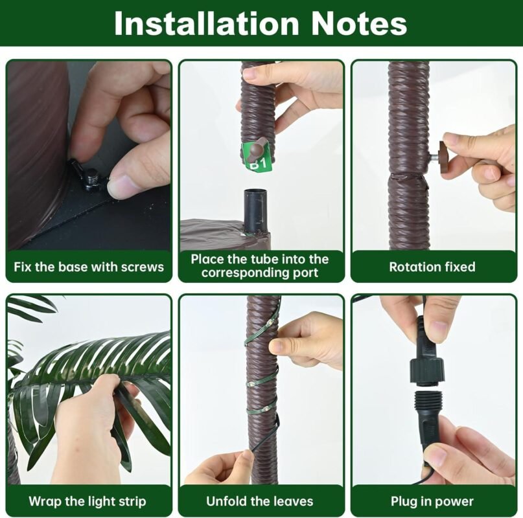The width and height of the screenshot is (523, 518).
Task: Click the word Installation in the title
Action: click(x=206, y=23)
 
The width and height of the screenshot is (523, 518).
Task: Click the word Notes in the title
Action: click(x=358, y=23)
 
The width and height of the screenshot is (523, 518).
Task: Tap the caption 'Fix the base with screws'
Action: click(x=89, y=267)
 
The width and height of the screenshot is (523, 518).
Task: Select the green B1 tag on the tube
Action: click(x=258, y=157)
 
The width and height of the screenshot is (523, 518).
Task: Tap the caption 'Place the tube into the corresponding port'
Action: click(x=260, y=265)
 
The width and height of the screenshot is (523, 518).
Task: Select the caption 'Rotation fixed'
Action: click(x=432, y=267)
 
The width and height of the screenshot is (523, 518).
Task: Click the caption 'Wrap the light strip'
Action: click(x=87, y=501)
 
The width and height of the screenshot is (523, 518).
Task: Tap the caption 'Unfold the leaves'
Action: click(x=260, y=501)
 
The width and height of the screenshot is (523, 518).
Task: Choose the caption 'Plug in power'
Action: click(x=432, y=501)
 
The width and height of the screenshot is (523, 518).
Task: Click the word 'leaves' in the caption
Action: click(x=292, y=501)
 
